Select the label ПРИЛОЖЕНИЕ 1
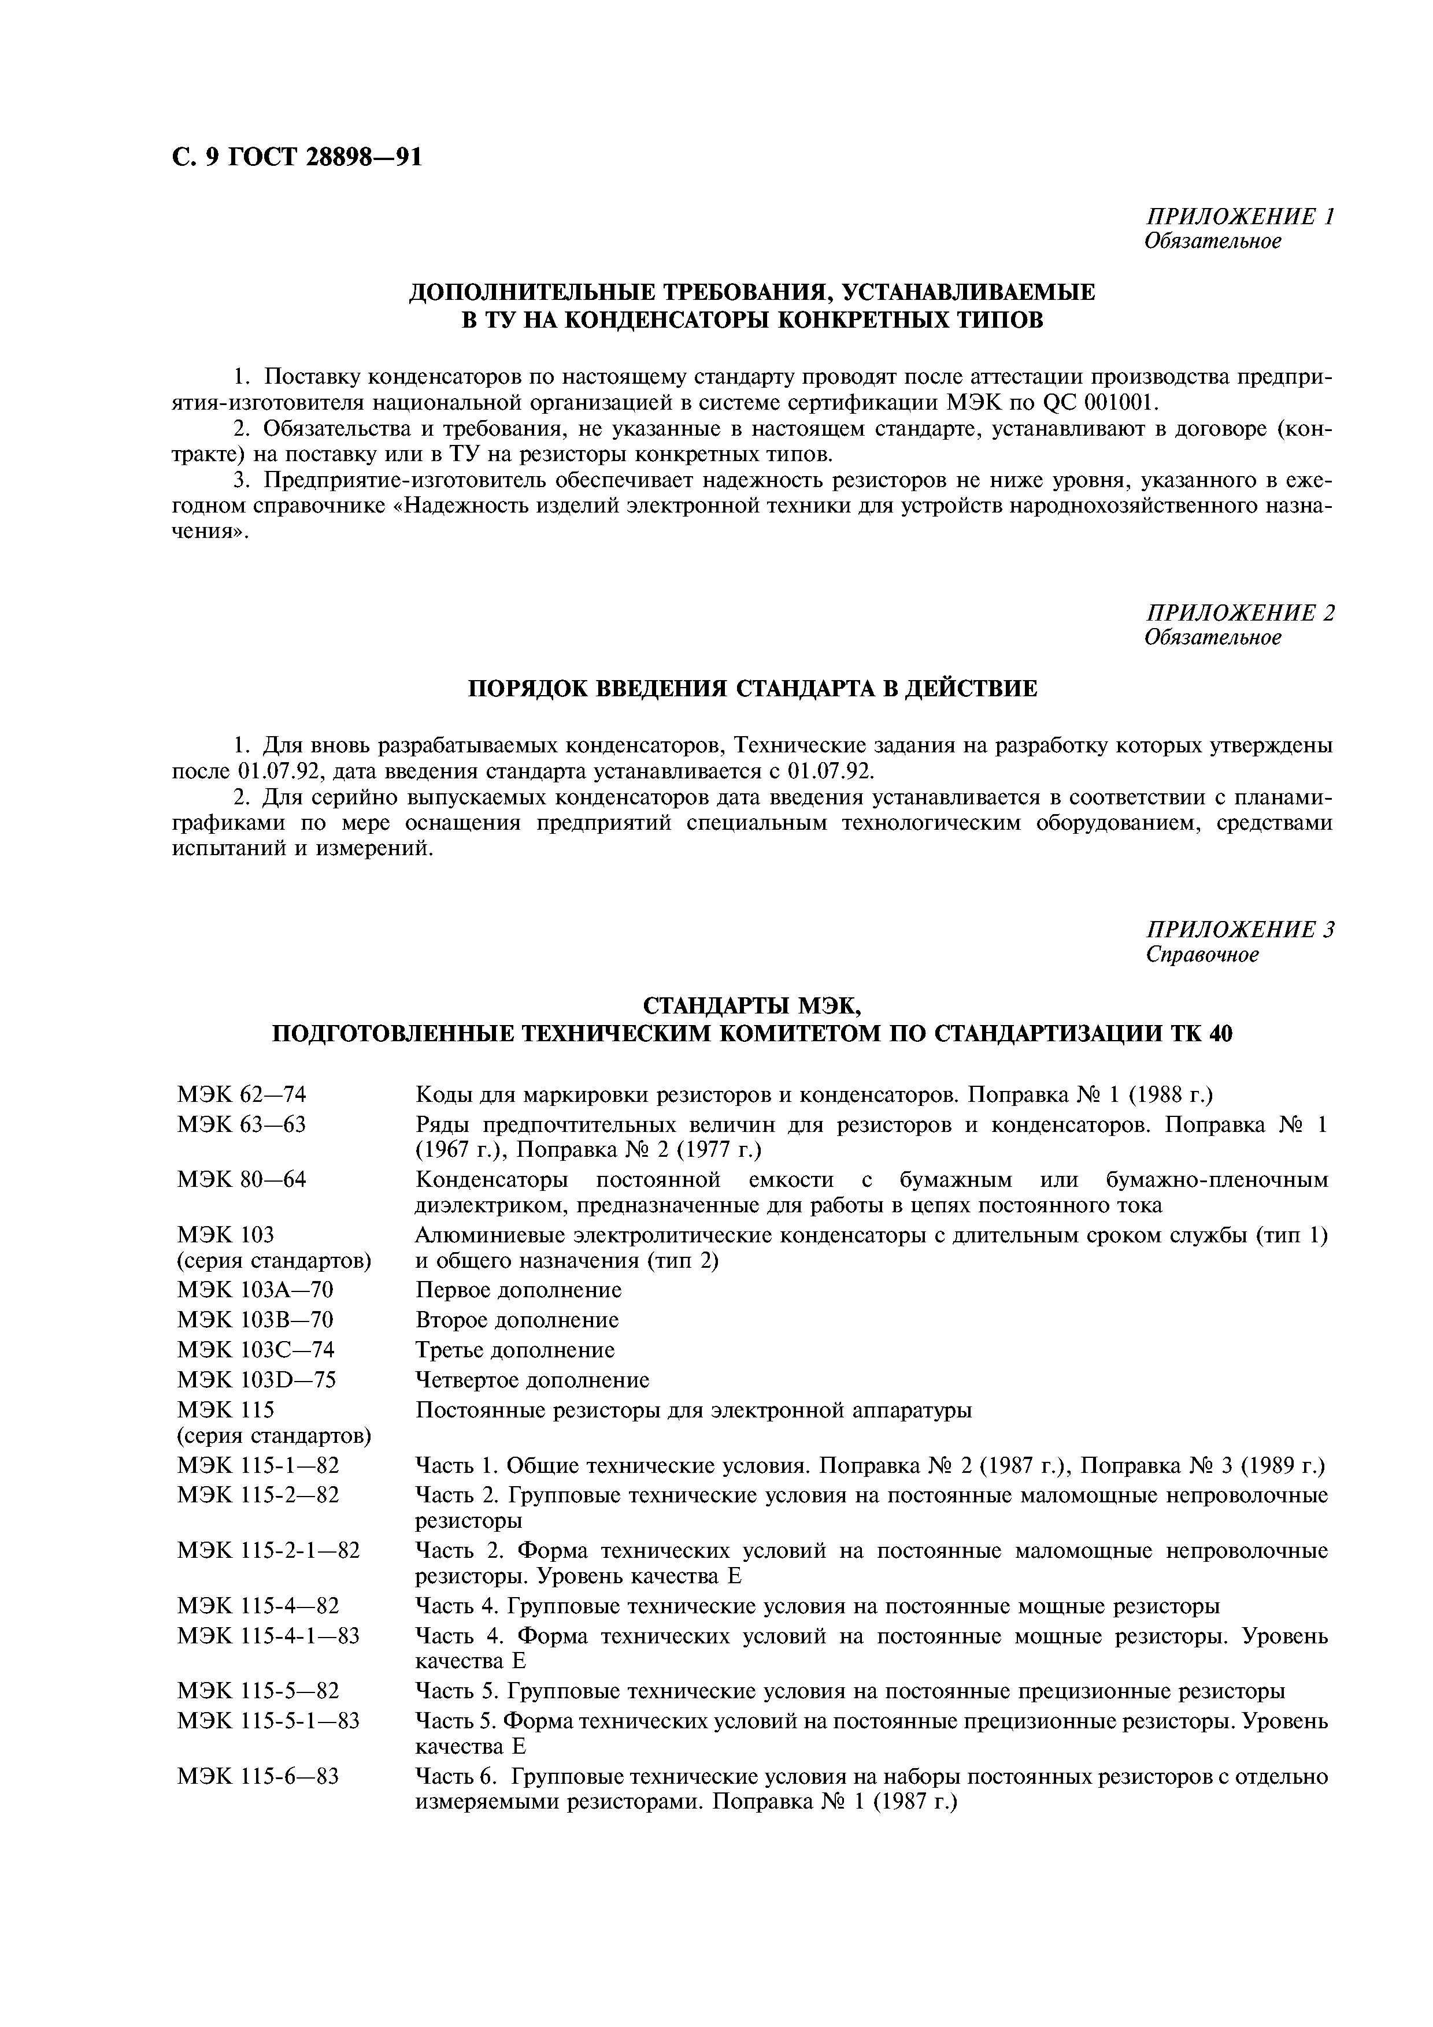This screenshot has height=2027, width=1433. [x=1239, y=216]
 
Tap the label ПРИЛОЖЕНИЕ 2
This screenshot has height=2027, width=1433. [x=1239, y=612]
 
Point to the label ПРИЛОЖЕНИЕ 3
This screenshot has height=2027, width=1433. [x=1239, y=929]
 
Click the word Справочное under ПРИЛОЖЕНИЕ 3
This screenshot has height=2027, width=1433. [x=1202, y=955]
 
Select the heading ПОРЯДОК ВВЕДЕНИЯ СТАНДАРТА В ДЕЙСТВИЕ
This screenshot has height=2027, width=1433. [x=751, y=688]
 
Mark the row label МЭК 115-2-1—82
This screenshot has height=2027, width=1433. [x=268, y=1550]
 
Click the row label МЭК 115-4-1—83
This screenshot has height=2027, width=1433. [x=268, y=1636]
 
